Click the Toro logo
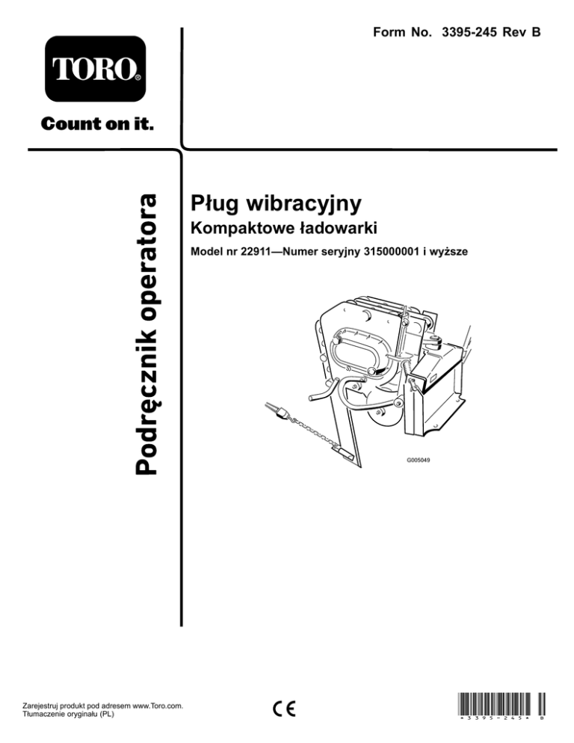(95, 68)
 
